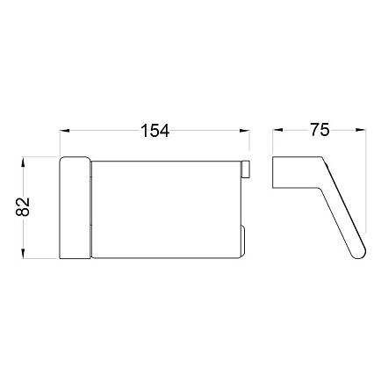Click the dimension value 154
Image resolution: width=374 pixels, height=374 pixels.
155,131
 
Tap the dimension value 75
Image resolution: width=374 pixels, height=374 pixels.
320,130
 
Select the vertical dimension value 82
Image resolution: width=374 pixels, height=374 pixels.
23,206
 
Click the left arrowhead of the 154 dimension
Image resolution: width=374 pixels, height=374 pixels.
65,131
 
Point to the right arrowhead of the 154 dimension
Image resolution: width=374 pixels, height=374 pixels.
244,131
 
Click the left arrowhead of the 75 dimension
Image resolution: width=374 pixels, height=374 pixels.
277,130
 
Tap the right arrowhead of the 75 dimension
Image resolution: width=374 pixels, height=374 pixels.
361,130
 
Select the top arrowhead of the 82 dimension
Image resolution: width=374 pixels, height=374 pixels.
23,162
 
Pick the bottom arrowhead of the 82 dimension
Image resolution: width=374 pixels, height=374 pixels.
23,254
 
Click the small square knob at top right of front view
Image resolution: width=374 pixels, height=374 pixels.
245,169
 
